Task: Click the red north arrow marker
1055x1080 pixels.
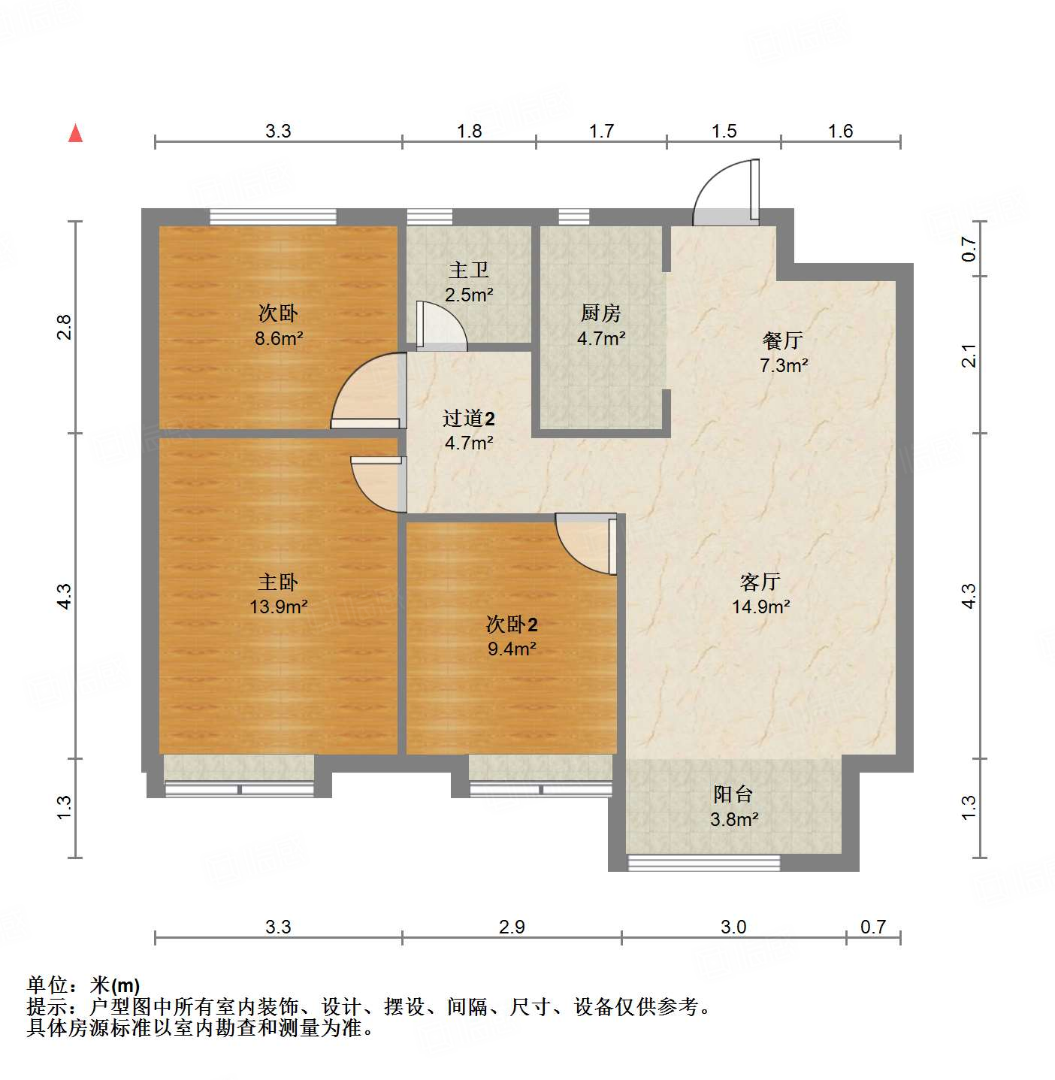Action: click(x=75, y=133)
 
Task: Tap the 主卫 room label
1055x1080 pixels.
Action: click(x=469, y=270)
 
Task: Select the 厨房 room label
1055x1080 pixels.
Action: click(x=600, y=313)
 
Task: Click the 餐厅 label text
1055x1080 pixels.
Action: click(x=783, y=340)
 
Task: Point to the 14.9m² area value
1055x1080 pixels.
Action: click(x=760, y=607)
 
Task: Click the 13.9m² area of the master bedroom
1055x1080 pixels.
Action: click(x=278, y=607)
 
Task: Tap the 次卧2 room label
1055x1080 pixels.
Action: click(x=511, y=624)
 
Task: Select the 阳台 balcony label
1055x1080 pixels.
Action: click(x=733, y=794)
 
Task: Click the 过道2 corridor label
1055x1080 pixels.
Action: click(x=468, y=419)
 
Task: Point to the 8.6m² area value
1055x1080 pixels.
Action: click(x=278, y=338)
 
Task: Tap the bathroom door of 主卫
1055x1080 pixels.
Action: click(x=440, y=327)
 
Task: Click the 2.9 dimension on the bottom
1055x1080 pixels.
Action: click(x=512, y=927)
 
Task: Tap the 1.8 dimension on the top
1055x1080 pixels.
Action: click(x=469, y=132)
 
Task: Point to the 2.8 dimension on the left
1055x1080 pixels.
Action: click(x=64, y=327)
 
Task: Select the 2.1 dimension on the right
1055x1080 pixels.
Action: click(x=969, y=355)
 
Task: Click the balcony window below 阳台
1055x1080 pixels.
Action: click(x=703, y=863)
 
